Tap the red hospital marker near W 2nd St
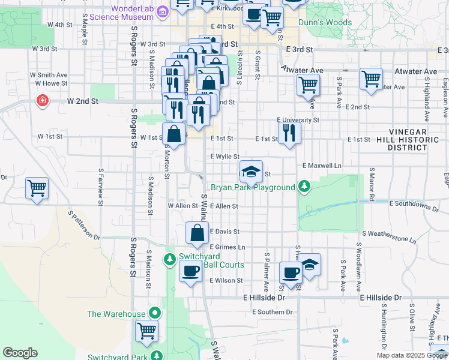coord(43,100)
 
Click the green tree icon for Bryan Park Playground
coord(304,187)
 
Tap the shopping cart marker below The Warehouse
coord(146,330)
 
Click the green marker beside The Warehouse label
coord(155,313)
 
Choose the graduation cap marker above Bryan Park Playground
coord(252,170)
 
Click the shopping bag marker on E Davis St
coord(197,233)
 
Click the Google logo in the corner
coord(20,353)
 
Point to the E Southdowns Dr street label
coord(414,205)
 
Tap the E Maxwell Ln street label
coord(322,165)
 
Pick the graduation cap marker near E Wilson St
coord(310,263)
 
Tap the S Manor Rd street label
coord(372,181)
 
